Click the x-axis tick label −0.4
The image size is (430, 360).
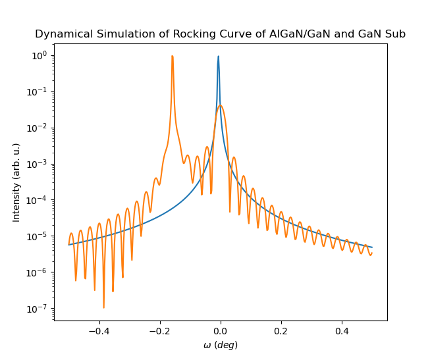(99, 332)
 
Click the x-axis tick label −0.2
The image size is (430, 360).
(159, 332)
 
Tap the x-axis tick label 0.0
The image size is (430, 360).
(221, 332)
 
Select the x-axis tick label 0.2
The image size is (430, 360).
(281, 332)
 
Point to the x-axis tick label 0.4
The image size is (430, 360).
(342, 332)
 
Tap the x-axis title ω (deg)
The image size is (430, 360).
(221, 345)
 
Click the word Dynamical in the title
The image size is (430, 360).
(61, 34)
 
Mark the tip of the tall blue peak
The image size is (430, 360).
(219, 57)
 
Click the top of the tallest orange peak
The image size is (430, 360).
(173, 56)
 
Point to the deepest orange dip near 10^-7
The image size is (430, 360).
(103, 307)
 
